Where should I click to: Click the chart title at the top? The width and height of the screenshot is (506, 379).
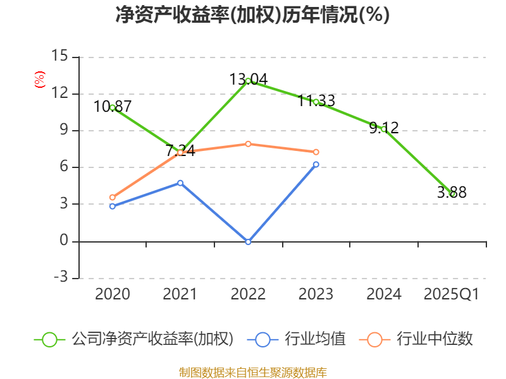pos(252,15)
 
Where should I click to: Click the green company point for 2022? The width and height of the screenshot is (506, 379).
pos(248,81)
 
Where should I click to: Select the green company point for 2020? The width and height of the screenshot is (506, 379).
pos(113,107)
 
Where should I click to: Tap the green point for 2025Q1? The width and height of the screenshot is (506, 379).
pos(452,194)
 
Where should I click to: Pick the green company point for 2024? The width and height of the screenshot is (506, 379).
pos(383,129)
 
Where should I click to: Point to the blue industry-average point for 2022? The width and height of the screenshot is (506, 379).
pos(248,242)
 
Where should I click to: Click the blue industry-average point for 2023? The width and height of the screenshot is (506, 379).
pos(316,164)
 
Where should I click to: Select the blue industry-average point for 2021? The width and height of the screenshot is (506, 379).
pos(180,183)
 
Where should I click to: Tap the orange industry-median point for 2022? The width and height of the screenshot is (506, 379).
pos(248,144)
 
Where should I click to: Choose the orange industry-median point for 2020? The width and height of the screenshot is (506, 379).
pos(113,197)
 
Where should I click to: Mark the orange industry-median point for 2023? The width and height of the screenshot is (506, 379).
pos(316,152)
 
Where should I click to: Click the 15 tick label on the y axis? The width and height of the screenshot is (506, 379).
pos(59,57)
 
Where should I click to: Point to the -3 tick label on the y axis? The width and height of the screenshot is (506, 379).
pos(59,278)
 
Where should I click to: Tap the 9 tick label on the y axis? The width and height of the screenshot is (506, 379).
pos(63,131)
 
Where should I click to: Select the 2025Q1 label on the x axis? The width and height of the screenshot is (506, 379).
pos(452,294)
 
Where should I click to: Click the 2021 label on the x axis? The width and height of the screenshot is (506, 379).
pos(180,294)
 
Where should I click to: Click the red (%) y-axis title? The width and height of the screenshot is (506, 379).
pos(39,80)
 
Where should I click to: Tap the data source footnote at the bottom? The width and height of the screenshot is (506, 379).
pos(252,372)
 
